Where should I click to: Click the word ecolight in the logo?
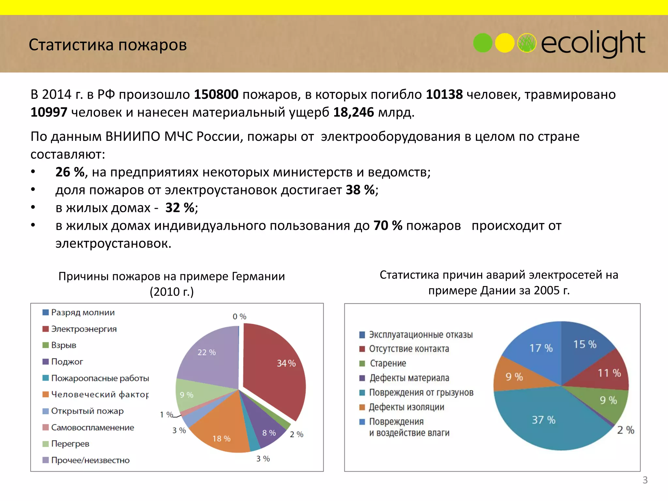tap(593, 43)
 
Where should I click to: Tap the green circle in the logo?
tap(482, 43)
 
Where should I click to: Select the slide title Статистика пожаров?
tap(108, 45)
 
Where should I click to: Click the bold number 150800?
tap(216, 95)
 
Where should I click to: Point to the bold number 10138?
tap(444, 95)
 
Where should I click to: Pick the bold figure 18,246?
tap(354, 113)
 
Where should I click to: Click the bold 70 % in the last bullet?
tap(388, 226)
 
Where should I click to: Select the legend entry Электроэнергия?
tap(83, 329)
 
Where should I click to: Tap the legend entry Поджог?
tap(67, 362)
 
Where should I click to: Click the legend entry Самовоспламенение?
tap(92, 428)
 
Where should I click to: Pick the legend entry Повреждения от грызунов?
tap(421, 393)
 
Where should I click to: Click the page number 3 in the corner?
tap(645, 480)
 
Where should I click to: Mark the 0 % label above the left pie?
tap(239, 317)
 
